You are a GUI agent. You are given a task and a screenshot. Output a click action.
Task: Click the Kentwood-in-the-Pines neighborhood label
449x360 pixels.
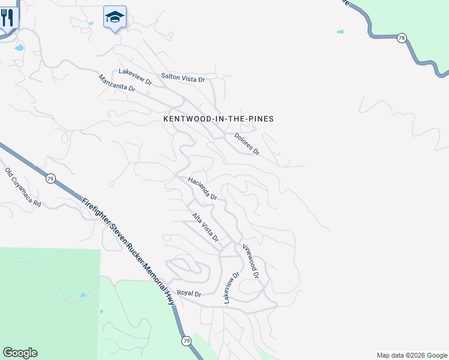pos(218,119)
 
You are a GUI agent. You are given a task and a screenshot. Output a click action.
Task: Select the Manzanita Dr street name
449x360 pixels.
pos(116,83)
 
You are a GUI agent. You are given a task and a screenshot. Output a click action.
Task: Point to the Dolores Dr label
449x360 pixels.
pos(247,144)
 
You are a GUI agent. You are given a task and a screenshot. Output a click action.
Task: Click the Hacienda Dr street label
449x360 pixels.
pos(202,188)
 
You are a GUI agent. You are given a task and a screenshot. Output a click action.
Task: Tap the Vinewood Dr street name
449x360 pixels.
pos(251,262)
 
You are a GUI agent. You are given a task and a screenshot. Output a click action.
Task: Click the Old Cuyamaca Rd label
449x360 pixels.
pos(23,187)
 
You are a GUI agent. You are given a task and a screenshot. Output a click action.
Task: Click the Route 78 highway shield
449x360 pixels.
pos(402,38)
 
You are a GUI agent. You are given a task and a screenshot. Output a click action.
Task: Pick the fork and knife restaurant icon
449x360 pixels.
pos(8,17)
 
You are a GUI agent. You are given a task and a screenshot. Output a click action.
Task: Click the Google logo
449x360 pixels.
pos(20,353)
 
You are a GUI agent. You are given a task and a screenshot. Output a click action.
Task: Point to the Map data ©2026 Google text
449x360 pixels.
pos(412,355)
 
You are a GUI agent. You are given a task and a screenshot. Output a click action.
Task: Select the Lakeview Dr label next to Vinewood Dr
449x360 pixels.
pos(232,287)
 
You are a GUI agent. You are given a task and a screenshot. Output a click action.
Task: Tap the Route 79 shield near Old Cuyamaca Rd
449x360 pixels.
pos(51,178)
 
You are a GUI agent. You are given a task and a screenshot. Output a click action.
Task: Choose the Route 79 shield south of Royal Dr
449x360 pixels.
pos(186,341)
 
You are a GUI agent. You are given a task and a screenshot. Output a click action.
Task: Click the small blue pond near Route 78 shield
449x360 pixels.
pos(340,31)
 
